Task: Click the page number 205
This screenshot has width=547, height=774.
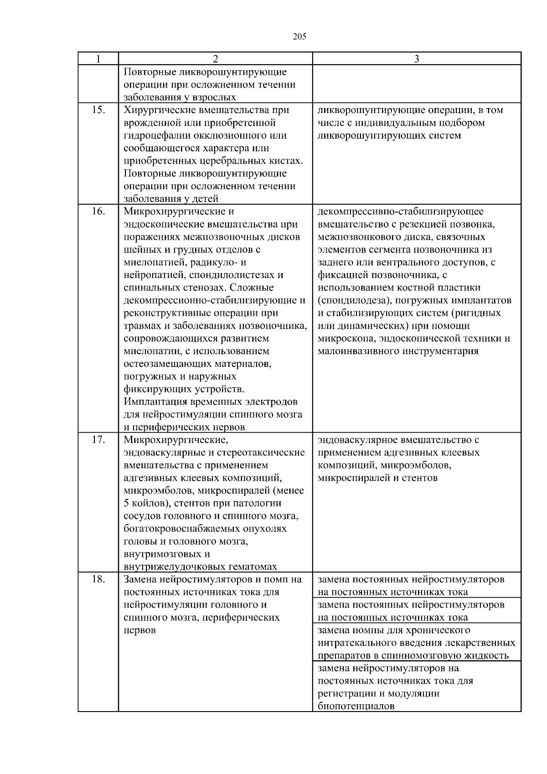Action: [x=299, y=37]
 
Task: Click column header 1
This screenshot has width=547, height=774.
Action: [x=98, y=59]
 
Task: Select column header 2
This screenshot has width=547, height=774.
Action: [x=215, y=59]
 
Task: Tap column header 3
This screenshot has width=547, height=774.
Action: [x=416, y=59]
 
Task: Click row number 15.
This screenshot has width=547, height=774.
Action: [x=98, y=110]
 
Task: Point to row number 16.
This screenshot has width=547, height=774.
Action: [x=98, y=212]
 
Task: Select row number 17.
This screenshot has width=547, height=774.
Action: [x=98, y=440]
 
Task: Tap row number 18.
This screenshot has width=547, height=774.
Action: [x=98, y=580]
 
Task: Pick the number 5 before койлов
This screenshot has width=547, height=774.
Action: [x=126, y=504]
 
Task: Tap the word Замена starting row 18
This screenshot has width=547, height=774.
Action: [x=139, y=580]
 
